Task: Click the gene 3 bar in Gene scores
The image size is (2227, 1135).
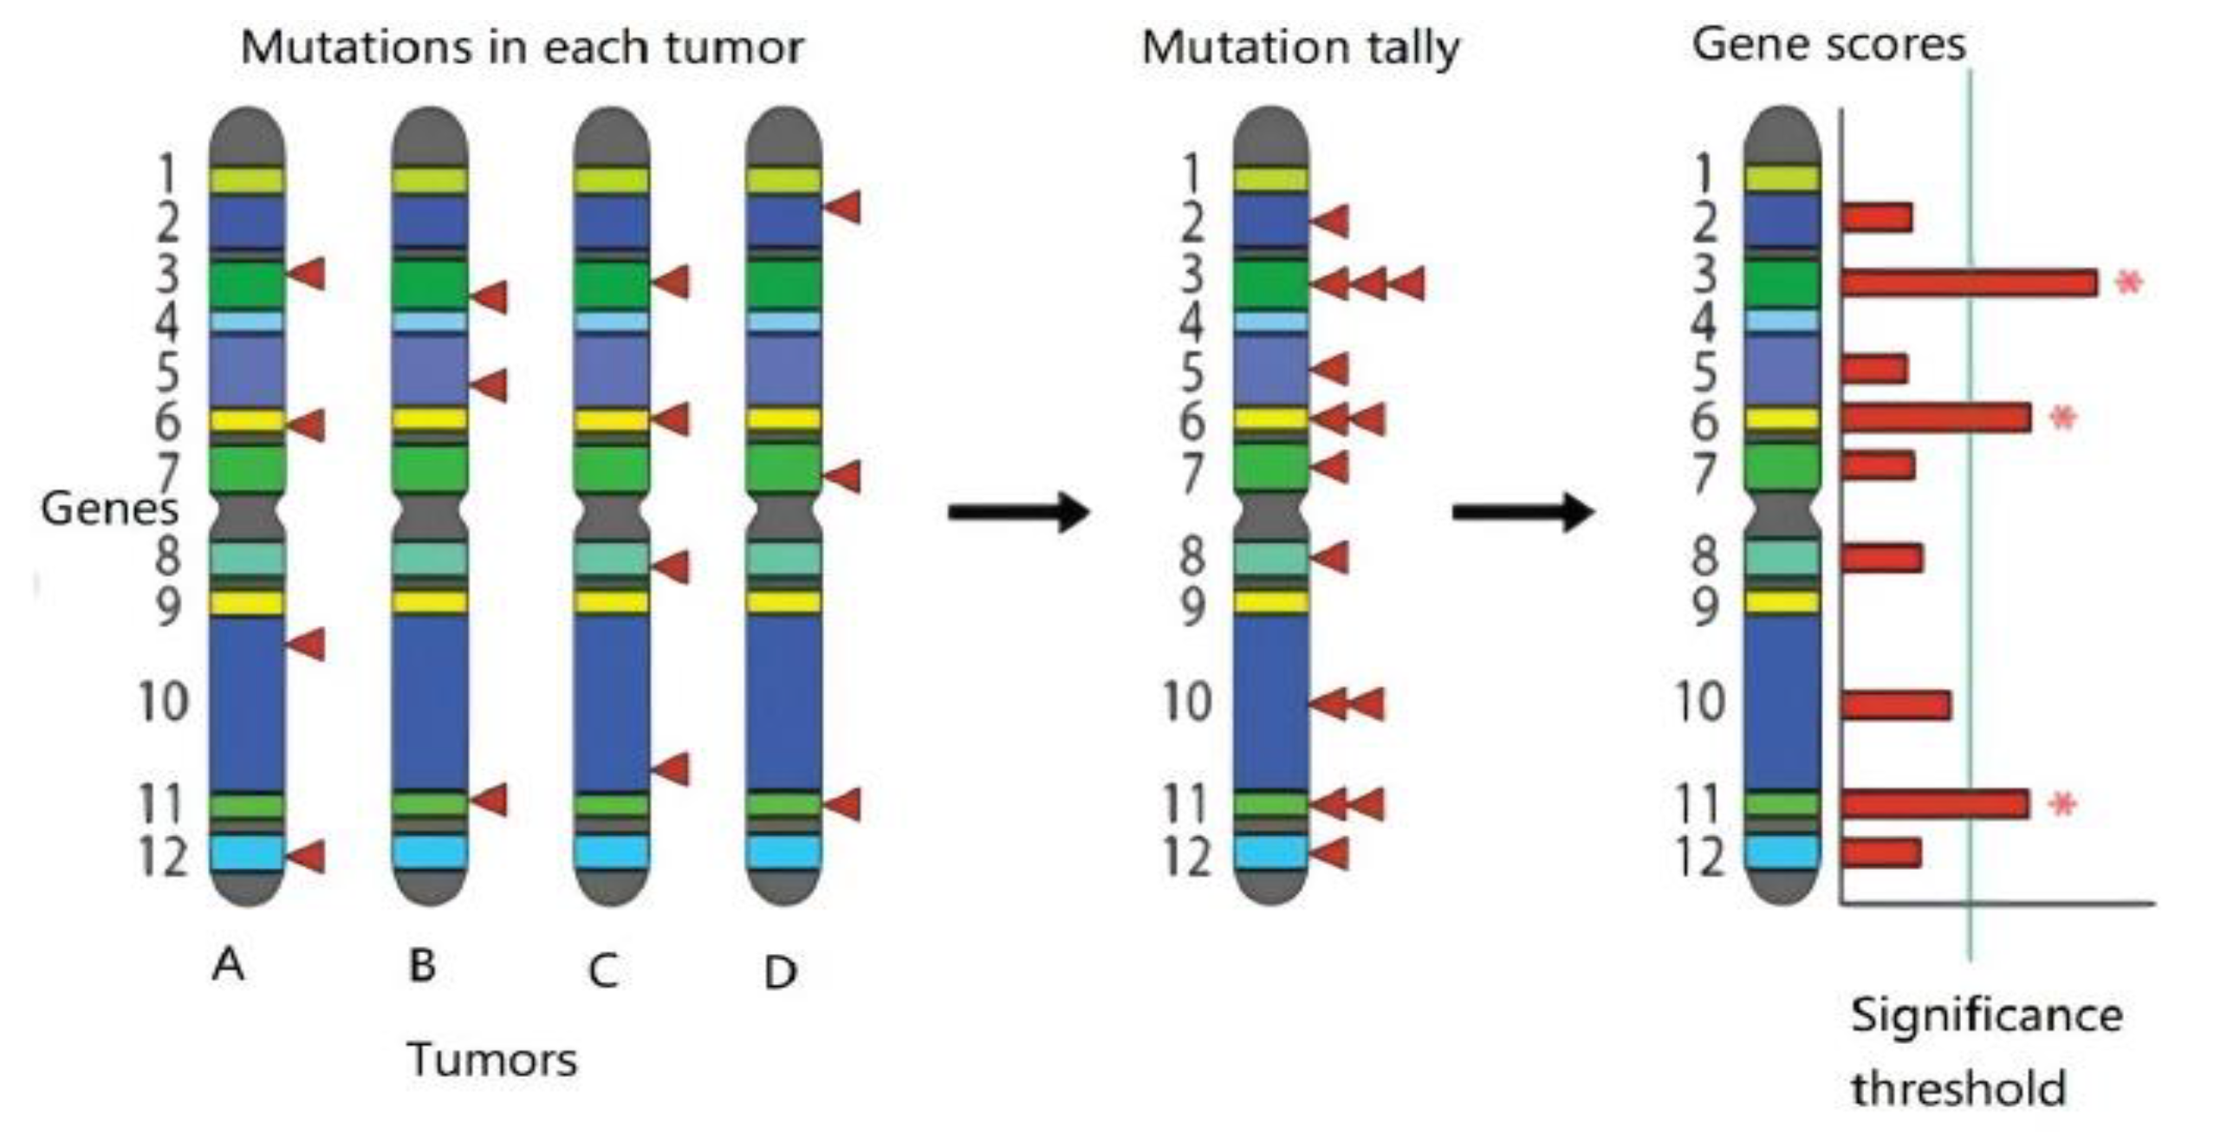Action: click(1969, 282)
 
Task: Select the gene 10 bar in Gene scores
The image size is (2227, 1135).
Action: click(1896, 705)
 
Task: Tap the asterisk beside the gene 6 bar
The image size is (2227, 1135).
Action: click(2063, 418)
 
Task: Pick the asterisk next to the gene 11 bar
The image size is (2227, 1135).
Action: click(2063, 805)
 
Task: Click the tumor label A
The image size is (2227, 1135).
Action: click(228, 963)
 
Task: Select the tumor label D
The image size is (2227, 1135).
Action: click(780, 972)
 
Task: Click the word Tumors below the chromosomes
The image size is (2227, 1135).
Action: click(492, 1060)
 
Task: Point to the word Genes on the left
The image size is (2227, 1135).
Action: click(109, 508)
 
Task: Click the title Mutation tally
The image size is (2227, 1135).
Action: click(1301, 48)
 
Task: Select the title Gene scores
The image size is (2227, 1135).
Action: click(1828, 44)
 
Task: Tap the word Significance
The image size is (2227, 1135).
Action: click(1986, 1015)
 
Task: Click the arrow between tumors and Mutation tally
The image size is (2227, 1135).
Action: click(1018, 511)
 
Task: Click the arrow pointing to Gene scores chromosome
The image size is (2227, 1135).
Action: click(1523, 511)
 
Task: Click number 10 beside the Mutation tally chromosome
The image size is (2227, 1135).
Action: click(1186, 701)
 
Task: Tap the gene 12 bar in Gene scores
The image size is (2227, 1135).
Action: click(1881, 853)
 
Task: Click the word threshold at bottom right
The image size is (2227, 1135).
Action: click(1958, 1088)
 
